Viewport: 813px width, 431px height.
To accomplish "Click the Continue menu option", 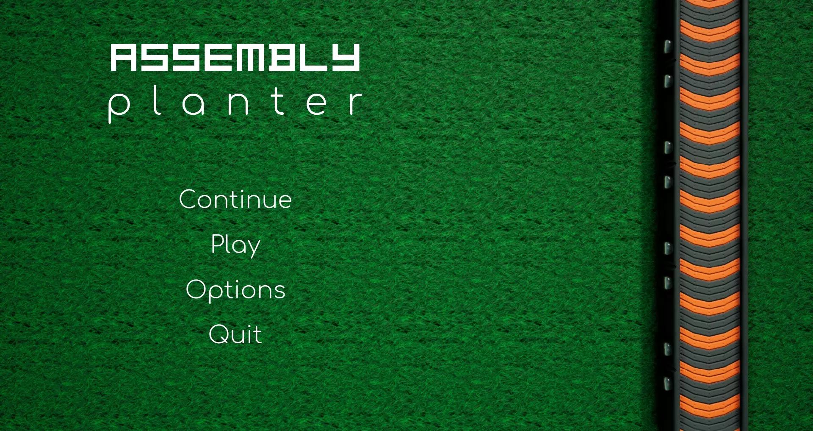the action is [235, 199].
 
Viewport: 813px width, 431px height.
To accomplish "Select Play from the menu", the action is [235, 245].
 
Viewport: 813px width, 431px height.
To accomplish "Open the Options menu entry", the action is [235, 290].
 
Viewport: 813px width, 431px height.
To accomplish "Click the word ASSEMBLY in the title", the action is [235, 57].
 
